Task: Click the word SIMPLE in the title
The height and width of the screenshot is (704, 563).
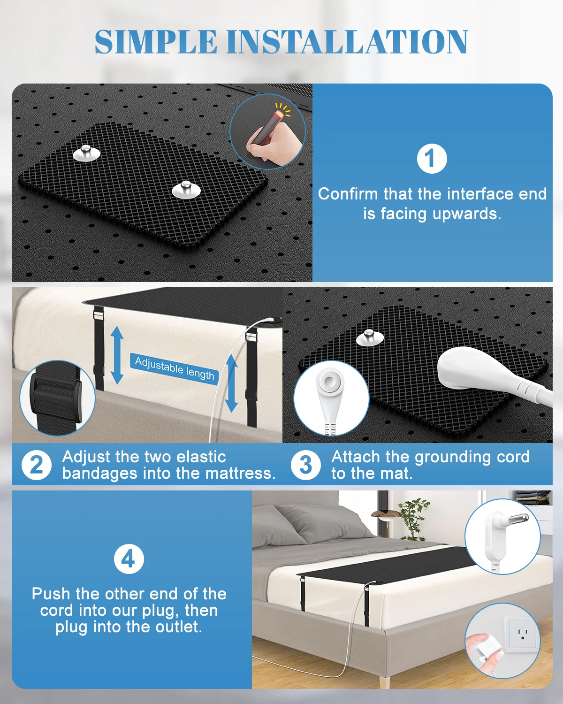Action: (x=156, y=42)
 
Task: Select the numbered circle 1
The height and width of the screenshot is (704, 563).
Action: (x=432, y=159)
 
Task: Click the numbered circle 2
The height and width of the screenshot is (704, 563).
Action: (x=36, y=465)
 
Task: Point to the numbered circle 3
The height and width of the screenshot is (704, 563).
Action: (x=305, y=465)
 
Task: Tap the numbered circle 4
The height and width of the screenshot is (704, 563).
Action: (x=129, y=559)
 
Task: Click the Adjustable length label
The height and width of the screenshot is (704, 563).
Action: (x=175, y=368)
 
